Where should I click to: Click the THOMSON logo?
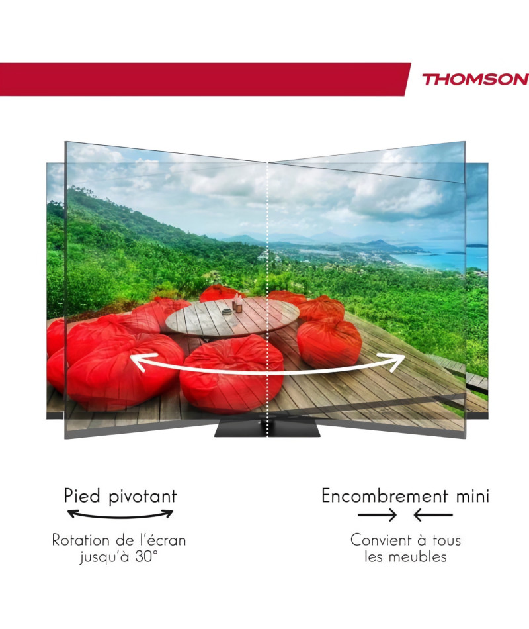[475, 79]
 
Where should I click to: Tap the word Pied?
[82, 496]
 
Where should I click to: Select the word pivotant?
[143, 497]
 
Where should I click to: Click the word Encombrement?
[385, 495]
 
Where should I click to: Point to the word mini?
[473, 496]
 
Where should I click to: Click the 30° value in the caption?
[146, 556]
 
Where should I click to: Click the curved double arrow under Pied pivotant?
[120, 516]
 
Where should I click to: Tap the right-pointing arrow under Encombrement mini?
[377, 514]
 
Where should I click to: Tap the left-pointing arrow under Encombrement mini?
[433, 514]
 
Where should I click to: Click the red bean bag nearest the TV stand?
[231, 373]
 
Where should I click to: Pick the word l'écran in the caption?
[163, 540]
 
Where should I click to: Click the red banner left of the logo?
[204, 79]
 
